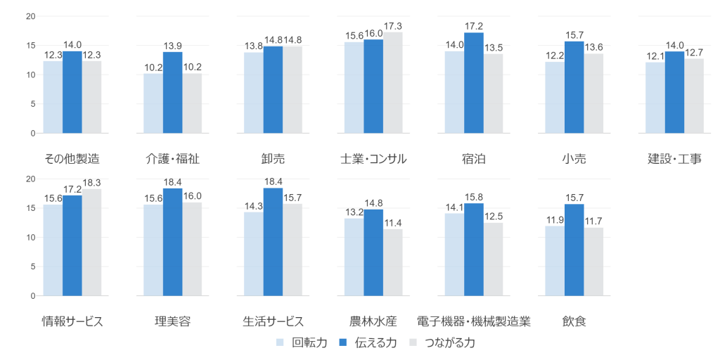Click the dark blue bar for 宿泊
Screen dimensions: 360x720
(x=474, y=82)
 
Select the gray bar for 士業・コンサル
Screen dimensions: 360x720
(x=393, y=82)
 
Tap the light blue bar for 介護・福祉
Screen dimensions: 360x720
(x=153, y=103)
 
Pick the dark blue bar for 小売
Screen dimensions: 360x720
(x=574, y=86)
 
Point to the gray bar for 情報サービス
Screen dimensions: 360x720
(x=92, y=242)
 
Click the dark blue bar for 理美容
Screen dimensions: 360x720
(x=172, y=242)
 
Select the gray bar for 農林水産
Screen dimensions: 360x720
(x=393, y=262)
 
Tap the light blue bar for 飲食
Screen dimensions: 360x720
(x=554, y=261)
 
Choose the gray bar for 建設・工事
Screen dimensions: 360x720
(x=694, y=96)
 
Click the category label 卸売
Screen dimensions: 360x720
(x=272, y=159)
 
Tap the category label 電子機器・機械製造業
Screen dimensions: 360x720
(x=473, y=321)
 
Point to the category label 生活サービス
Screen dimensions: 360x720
(x=273, y=321)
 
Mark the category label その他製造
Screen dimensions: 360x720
(x=72, y=159)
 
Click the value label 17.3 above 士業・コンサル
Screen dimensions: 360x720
(x=393, y=26)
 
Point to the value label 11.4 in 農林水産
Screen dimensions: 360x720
(x=393, y=222)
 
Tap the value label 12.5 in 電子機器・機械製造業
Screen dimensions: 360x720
(x=494, y=216)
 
